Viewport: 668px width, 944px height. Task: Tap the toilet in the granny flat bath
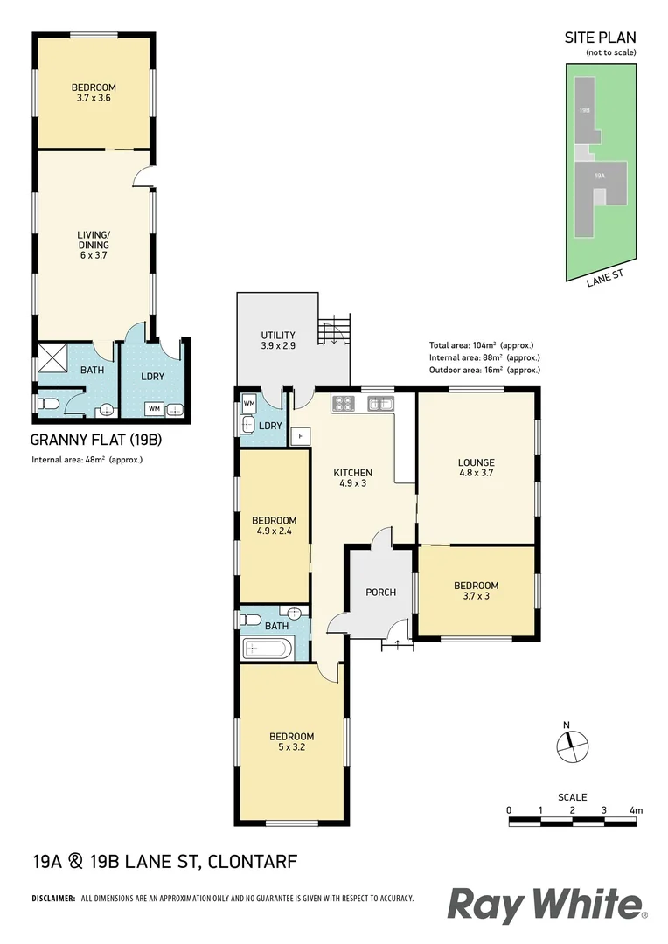point(47,404)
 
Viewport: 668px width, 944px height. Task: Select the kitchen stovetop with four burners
point(342,404)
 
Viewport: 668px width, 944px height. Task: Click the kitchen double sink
point(380,404)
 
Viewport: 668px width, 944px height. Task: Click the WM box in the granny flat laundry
point(153,408)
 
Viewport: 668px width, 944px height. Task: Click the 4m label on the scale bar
point(636,811)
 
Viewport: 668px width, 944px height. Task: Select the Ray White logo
point(546,905)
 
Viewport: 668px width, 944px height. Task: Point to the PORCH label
point(380,593)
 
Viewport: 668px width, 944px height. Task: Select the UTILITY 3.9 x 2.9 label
point(278,341)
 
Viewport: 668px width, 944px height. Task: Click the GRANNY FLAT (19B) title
point(96,440)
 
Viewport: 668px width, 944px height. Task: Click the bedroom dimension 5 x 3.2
point(291,747)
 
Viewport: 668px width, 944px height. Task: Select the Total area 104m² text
point(481,344)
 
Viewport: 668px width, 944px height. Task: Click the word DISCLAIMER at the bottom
point(54,899)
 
